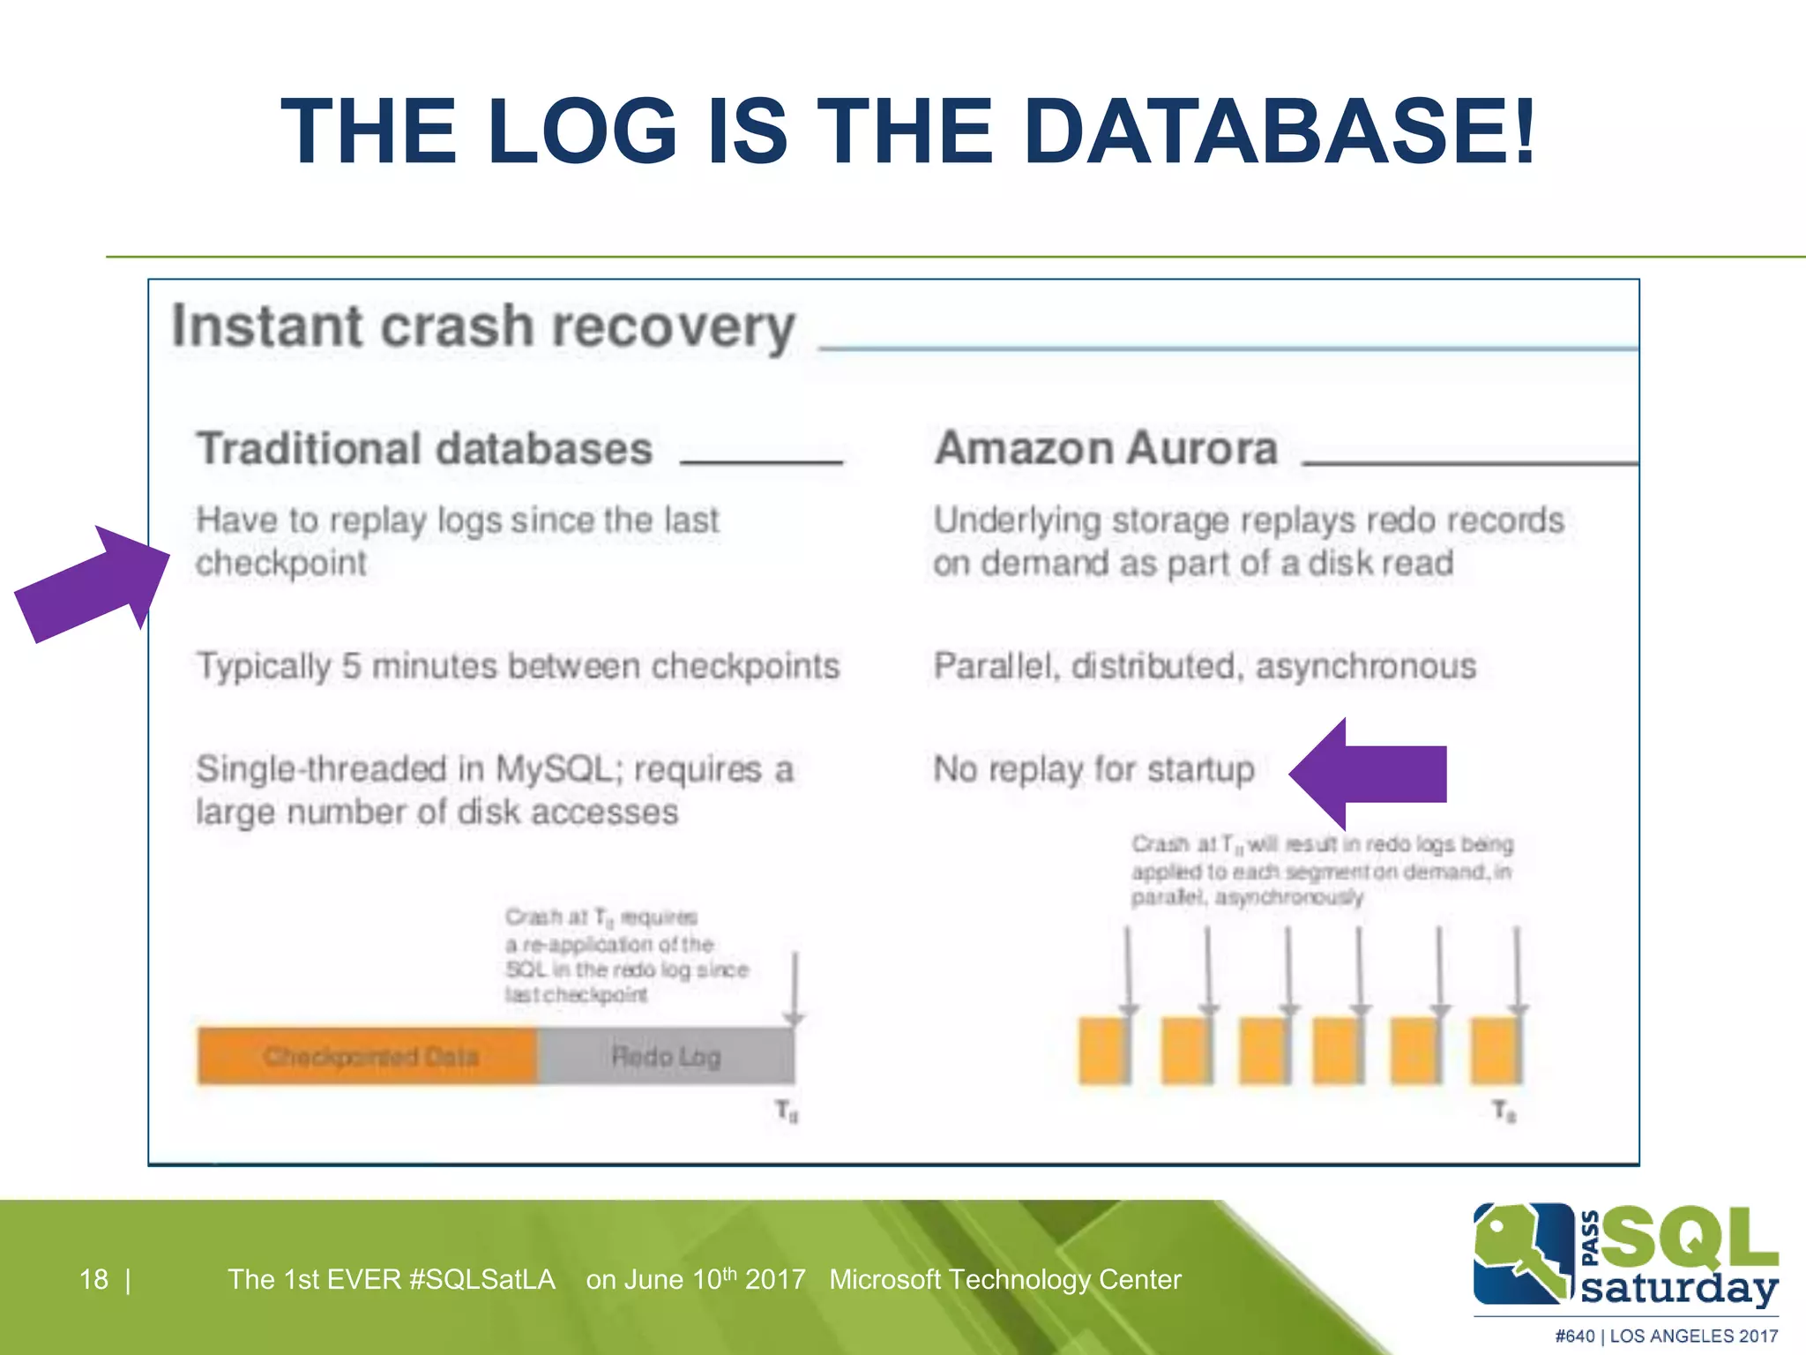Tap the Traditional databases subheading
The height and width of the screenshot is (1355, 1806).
click(x=424, y=448)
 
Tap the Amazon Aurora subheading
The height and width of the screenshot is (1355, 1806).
click(x=1106, y=448)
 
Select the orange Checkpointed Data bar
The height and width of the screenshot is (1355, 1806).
click(x=369, y=1055)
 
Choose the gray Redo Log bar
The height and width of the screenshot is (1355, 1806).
click(x=666, y=1055)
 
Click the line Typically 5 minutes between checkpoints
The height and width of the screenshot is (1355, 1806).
click(x=518, y=666)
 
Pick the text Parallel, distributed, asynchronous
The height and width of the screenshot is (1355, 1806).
click(x=1205, y=666)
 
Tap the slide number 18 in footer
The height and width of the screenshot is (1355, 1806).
click(x=93, y=1279)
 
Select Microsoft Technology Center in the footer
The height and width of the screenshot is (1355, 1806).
click(x=1004, y=1279)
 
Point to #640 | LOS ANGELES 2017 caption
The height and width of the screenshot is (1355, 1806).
click(x=1666, y=1336)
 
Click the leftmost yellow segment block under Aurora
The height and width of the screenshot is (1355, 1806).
click(x=1103, y=1050)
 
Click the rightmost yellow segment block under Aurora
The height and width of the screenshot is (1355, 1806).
click(x=1496, y=1050)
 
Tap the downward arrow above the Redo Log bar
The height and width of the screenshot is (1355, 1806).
click(x=795, y=988)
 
